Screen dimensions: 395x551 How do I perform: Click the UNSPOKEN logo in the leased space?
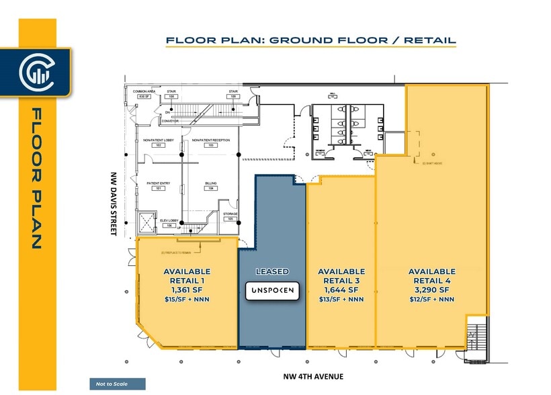[x=273, y=290]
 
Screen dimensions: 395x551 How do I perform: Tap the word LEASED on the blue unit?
[x=273, y=271]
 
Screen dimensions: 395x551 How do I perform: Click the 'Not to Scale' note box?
[x=117, y=384]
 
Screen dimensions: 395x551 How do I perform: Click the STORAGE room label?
[x=230, y=214]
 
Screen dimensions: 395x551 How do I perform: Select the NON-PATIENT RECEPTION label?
[x=210, y=140]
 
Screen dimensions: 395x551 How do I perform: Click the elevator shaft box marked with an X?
[x=144, y=220]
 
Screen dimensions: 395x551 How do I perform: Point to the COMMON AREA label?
[x=144, y=91]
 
